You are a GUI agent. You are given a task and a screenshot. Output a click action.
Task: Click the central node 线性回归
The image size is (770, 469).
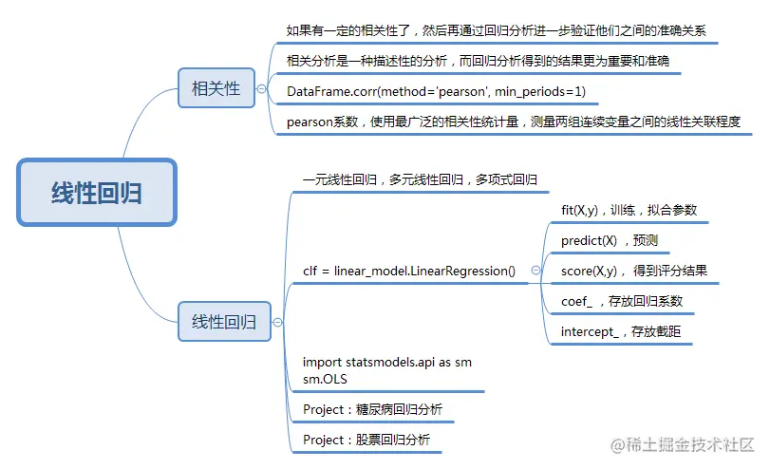pyautogui.click(x=97, y=193)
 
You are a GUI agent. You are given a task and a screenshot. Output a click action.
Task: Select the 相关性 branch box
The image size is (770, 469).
pyautogui.click(x=216, y=89)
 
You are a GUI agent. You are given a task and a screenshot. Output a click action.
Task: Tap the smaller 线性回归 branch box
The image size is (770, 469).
pyautogui.click(x=224, y=322)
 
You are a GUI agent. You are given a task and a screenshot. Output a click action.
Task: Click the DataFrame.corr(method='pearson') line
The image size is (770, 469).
pyautogui.click(x=436, y=92)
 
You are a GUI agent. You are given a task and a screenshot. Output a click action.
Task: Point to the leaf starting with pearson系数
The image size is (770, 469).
pyautogui.click(x=513, y=122)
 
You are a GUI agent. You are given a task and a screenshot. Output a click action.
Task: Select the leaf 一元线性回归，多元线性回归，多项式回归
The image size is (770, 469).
pyautogui.click(x=420, y=179)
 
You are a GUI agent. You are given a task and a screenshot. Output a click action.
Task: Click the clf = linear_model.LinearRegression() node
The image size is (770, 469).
pyautogui.click(x=409, y=271)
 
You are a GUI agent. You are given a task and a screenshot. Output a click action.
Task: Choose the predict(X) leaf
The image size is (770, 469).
pyautogui.click(x=610, y=240)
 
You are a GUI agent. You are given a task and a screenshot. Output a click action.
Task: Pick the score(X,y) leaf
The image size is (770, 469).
pyautogui.click(x=633, y=271)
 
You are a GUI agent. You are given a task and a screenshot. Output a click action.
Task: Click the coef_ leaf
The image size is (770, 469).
pyautogui.click(x=621, y=301)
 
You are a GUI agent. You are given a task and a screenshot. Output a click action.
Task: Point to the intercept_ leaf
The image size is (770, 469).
pyautogui.click(x=627, y=331)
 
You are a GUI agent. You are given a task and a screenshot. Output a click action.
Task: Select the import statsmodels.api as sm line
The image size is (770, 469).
pyautogui.click(x=386, y=363)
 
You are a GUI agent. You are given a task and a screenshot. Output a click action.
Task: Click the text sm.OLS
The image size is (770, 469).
pyautogui.click(x=325, y=378)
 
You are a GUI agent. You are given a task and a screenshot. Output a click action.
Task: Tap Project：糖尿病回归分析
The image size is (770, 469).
pyautogui.click(x=372, y=409)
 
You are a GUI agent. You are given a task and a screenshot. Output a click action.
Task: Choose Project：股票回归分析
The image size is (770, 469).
pyautogui.click(x=366, y=440)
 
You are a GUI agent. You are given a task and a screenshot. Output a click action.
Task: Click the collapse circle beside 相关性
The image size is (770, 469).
pyautogui.click(x=262, y=89)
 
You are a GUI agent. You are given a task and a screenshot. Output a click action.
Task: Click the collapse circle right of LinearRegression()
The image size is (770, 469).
pyautogui.click(x=536, y=271)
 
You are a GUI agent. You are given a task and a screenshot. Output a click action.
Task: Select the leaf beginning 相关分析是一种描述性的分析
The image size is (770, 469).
pyautogui.click(x=483, y=62)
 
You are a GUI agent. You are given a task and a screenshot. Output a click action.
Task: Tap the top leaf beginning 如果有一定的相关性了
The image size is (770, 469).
pyautogui.click(x=496, y=30)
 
